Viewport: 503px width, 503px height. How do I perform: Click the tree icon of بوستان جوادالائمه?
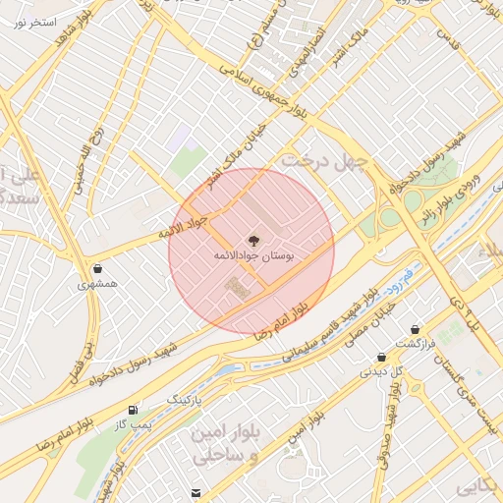click(x=252, y=240)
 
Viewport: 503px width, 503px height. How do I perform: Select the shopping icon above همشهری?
click(x=97, y=268)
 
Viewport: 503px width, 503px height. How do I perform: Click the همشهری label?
click(x=97, y=284)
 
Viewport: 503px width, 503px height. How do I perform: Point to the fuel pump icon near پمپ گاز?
click(x=132, y=409)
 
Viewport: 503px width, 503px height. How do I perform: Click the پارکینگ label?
click(x=184, y=402)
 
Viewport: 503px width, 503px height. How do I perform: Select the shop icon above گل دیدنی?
click(x=381, y=358)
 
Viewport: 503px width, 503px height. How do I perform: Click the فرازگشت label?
click(x=414, y=344)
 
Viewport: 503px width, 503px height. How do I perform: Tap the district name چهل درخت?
click(x=323, y=159)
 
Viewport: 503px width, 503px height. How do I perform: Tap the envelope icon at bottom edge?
click(x=196, y=492)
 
